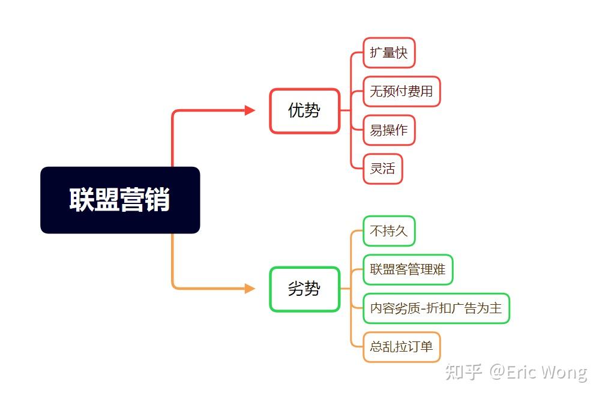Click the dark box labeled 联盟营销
pos(119,200)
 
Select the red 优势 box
pos(304,110)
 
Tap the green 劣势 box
pos(304,289)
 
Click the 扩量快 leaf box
pos(389,53)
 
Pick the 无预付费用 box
pos(401,91)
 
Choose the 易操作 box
pos(389,130)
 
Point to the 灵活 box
pos(382,169)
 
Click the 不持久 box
pos(389,231)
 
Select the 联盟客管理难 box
pos(408,269)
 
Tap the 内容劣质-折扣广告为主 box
pos(436,308)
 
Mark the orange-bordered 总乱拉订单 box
pos(401,347)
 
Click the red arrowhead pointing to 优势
pos(250,110)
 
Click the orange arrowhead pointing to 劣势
pos(250,289)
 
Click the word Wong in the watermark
pos(562,372)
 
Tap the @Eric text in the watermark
pos(511,372)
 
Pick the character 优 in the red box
pos(296,110)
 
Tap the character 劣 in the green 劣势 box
pos(296,289)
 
